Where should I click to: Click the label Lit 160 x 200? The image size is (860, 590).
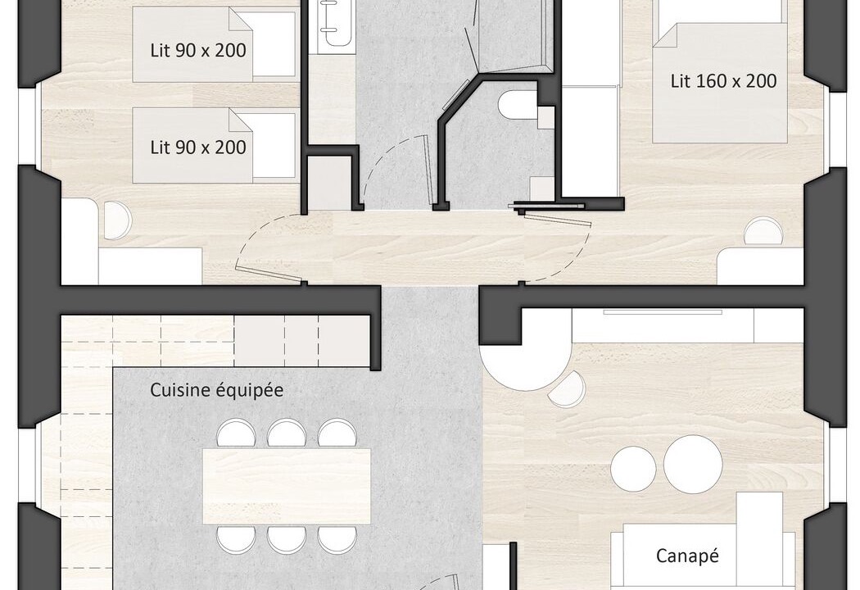coord(723,81)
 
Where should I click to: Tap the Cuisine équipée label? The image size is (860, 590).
coord(217,390)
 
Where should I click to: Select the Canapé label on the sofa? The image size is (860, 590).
coord(686,556)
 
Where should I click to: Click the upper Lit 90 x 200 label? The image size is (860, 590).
coord(198,51)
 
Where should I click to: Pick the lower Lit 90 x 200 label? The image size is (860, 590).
coord(198,147)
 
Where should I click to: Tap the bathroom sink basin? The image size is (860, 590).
coord(334,22)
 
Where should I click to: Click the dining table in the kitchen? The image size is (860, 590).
coord(287,486)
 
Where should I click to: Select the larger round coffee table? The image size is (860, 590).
coord(693,464)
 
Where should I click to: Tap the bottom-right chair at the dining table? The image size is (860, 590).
coord(337,539)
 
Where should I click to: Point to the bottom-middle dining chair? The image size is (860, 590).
coord(287,539)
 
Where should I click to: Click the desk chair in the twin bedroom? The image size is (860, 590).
coord(117,220)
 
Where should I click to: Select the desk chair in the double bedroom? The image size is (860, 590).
coord(763,230)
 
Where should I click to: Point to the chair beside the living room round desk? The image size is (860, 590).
coord(568,388)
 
